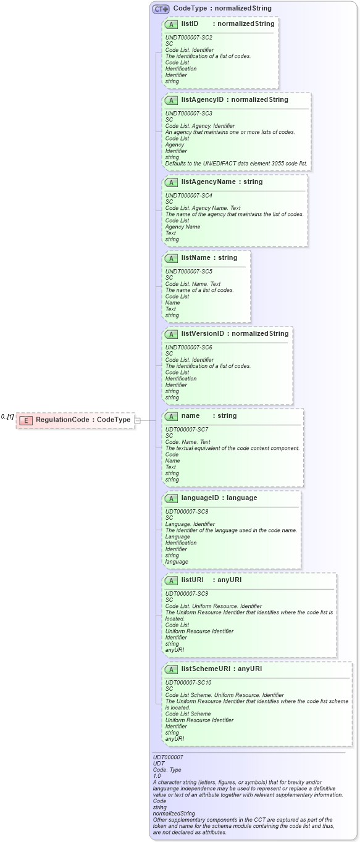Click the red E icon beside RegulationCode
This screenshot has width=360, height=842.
25,420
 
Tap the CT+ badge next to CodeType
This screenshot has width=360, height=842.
161,9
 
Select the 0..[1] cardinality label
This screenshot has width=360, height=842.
7,417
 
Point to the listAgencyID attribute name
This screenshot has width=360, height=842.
202,99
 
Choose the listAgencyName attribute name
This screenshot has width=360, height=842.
208,181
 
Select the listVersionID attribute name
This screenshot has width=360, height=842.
202,333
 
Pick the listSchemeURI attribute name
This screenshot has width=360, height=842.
206,669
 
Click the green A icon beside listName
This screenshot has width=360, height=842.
172,258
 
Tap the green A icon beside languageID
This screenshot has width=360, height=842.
172,498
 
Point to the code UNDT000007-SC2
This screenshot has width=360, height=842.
189,38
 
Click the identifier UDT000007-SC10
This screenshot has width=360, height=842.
188,682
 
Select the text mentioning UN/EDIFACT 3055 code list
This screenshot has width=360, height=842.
237,163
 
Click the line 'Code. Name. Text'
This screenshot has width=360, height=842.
188,442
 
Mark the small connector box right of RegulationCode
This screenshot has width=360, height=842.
138,420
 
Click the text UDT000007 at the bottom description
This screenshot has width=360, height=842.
168,756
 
